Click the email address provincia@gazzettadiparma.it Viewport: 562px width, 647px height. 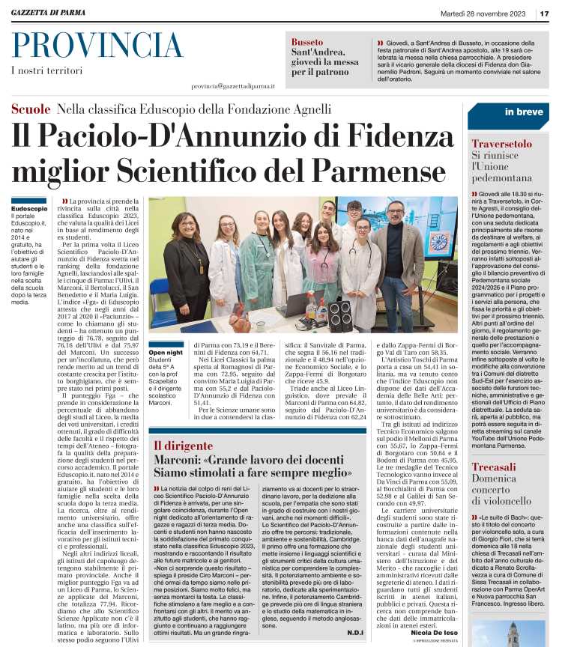pyautogui.click(x=233, y=87)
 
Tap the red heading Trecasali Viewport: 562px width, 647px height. pyautogui.click(x=494, y=446)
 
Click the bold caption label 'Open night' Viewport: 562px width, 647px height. pyautogui.click(x=166, y=353)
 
